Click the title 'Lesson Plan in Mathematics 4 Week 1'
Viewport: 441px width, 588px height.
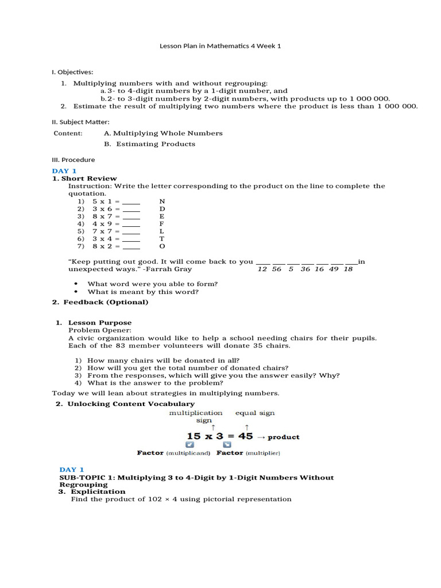click(x=220, y=46)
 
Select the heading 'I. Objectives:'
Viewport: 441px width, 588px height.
click(x=72, y=72)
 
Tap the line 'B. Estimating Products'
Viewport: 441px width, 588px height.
click(x=149, y=144)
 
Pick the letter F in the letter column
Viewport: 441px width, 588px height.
click(x=162, y=224)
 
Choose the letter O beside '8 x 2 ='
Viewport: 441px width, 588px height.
click(x=162, y=246)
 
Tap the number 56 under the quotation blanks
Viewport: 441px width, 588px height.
click(x=277, y=269)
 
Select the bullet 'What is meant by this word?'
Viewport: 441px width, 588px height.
click(x=143, y=292)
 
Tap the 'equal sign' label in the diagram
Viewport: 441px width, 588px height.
click(x=254, y=412)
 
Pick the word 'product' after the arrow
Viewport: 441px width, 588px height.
click(x=284, y=437)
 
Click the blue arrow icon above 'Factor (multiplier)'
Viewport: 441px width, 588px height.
click(x=227, y=444)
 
